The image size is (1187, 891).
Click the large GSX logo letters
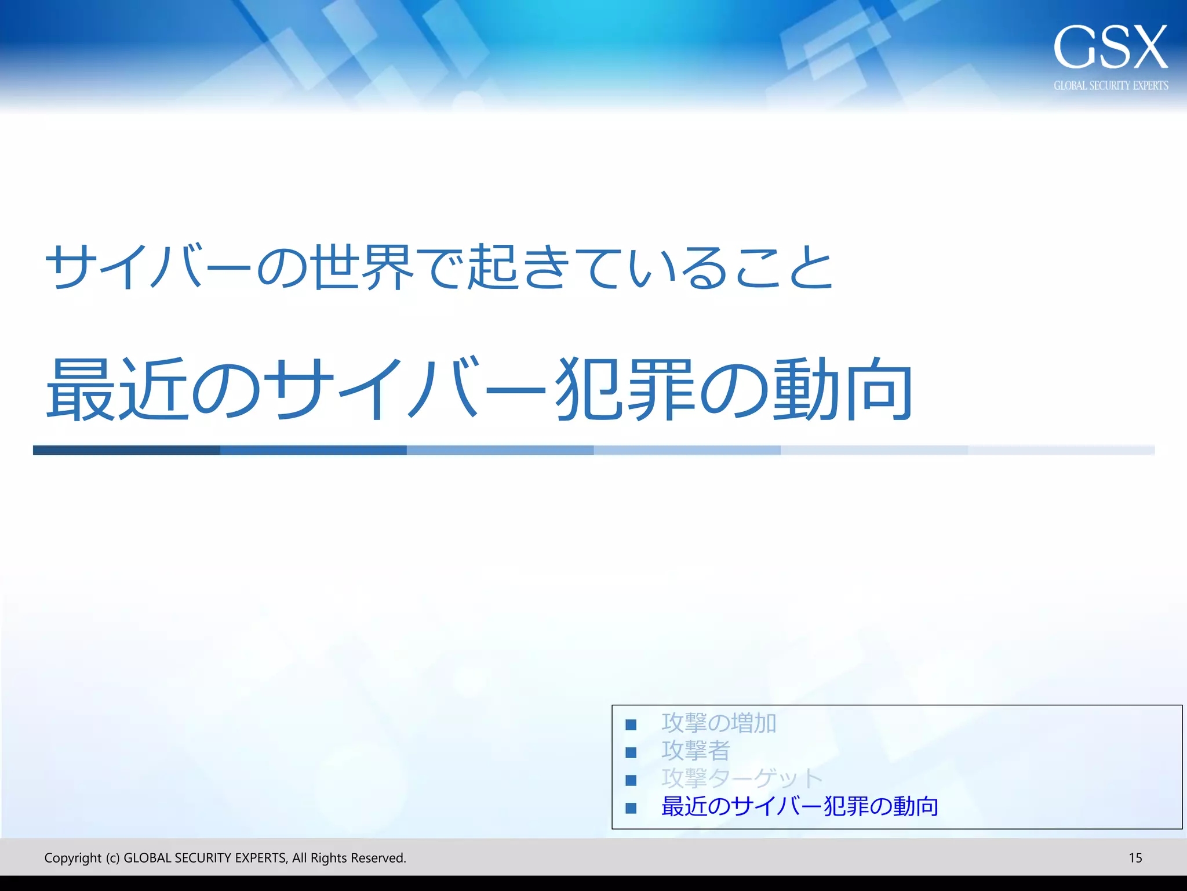pos(1110,48)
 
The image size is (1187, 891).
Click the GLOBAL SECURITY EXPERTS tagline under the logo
pos(1110,86)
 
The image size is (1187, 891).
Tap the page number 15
pos(1135,858)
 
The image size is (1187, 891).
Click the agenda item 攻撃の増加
pos(719,723)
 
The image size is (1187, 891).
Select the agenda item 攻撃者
pos(696,751)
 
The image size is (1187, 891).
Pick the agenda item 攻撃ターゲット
pos(742,778)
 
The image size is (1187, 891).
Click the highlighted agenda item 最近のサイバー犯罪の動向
pos(800,806)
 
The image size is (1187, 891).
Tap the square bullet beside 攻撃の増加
pos(631,725)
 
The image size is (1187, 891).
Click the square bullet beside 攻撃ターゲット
pos(631,780)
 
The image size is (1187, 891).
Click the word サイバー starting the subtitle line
pos(148,267)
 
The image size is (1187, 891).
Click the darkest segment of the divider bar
pos(126,450)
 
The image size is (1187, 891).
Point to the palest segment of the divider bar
pos(1061,450)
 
